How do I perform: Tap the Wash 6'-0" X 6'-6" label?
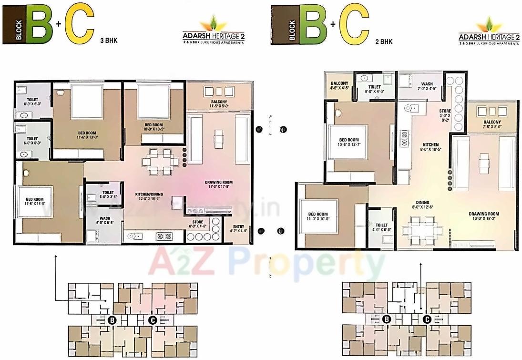tap(105, 220)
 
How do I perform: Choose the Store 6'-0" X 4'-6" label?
tap(198, 224)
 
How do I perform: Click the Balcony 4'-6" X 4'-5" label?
tap(340, 85)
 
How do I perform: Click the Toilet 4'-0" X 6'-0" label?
tap(381, 227)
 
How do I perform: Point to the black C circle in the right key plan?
tap(428, 319)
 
